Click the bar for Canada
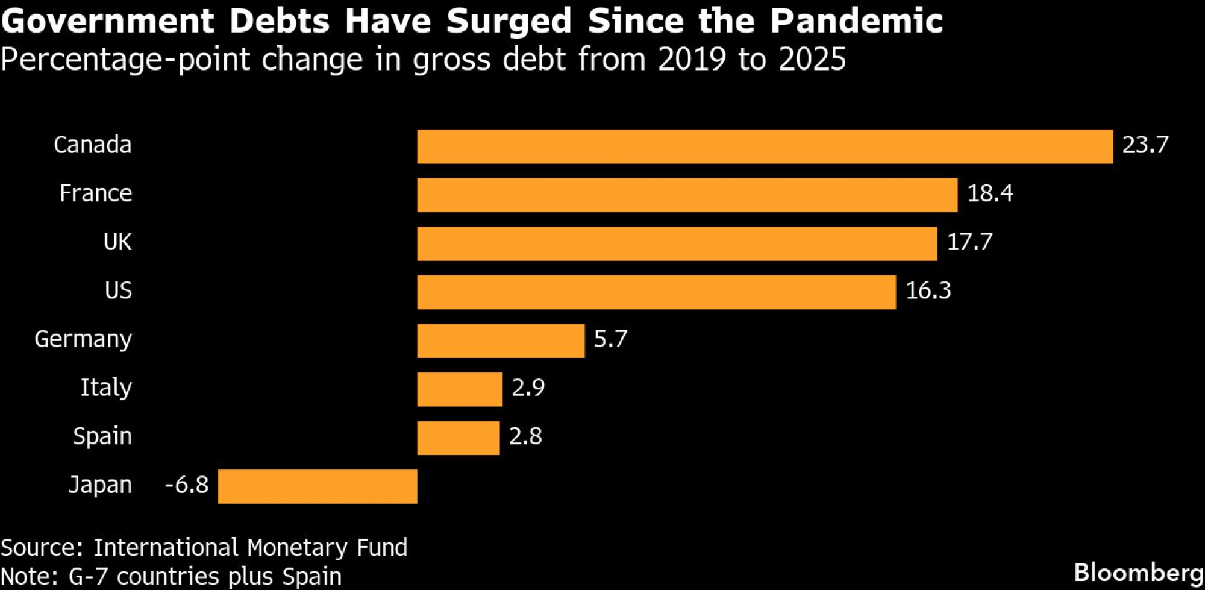pos(765,146)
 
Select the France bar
pos(687,195)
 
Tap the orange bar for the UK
pos(677,243)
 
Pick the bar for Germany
pos(501,341)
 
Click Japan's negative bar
pos(318,486)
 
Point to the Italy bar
pos(460,389)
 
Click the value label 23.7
pos(1145,145)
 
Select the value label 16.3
pos(928,291)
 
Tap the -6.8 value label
pos(187,485)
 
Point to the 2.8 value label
pos(525,436)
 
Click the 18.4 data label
pos(990,193)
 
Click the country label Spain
pos(102,436)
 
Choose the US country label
pos(118,291)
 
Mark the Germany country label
pos(83,340)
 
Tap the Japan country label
pos(100,485)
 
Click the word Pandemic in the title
pos(856,21)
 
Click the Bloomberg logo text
pos(1139,573)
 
